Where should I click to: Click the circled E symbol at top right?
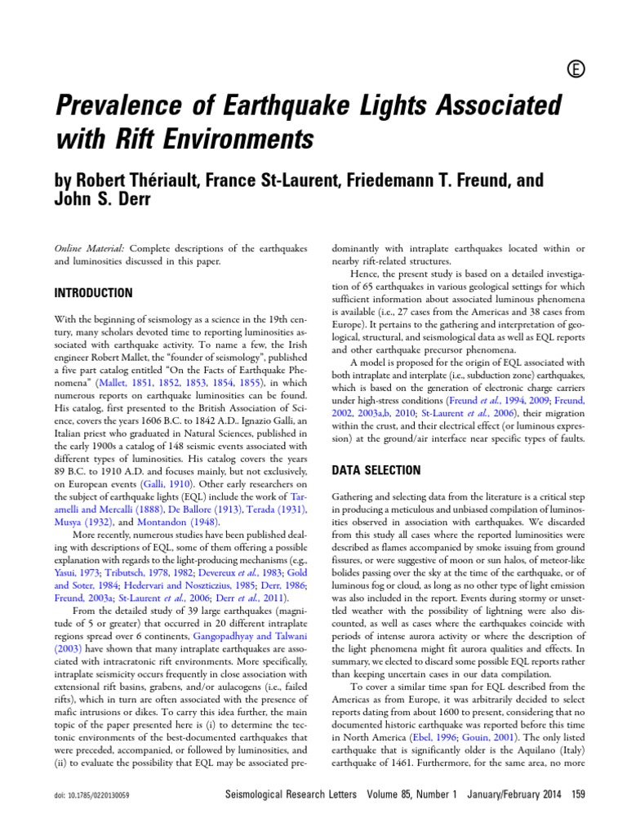click(573, 71)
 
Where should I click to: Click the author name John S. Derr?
click(100, 198)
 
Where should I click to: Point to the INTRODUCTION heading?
click(93, 292)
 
